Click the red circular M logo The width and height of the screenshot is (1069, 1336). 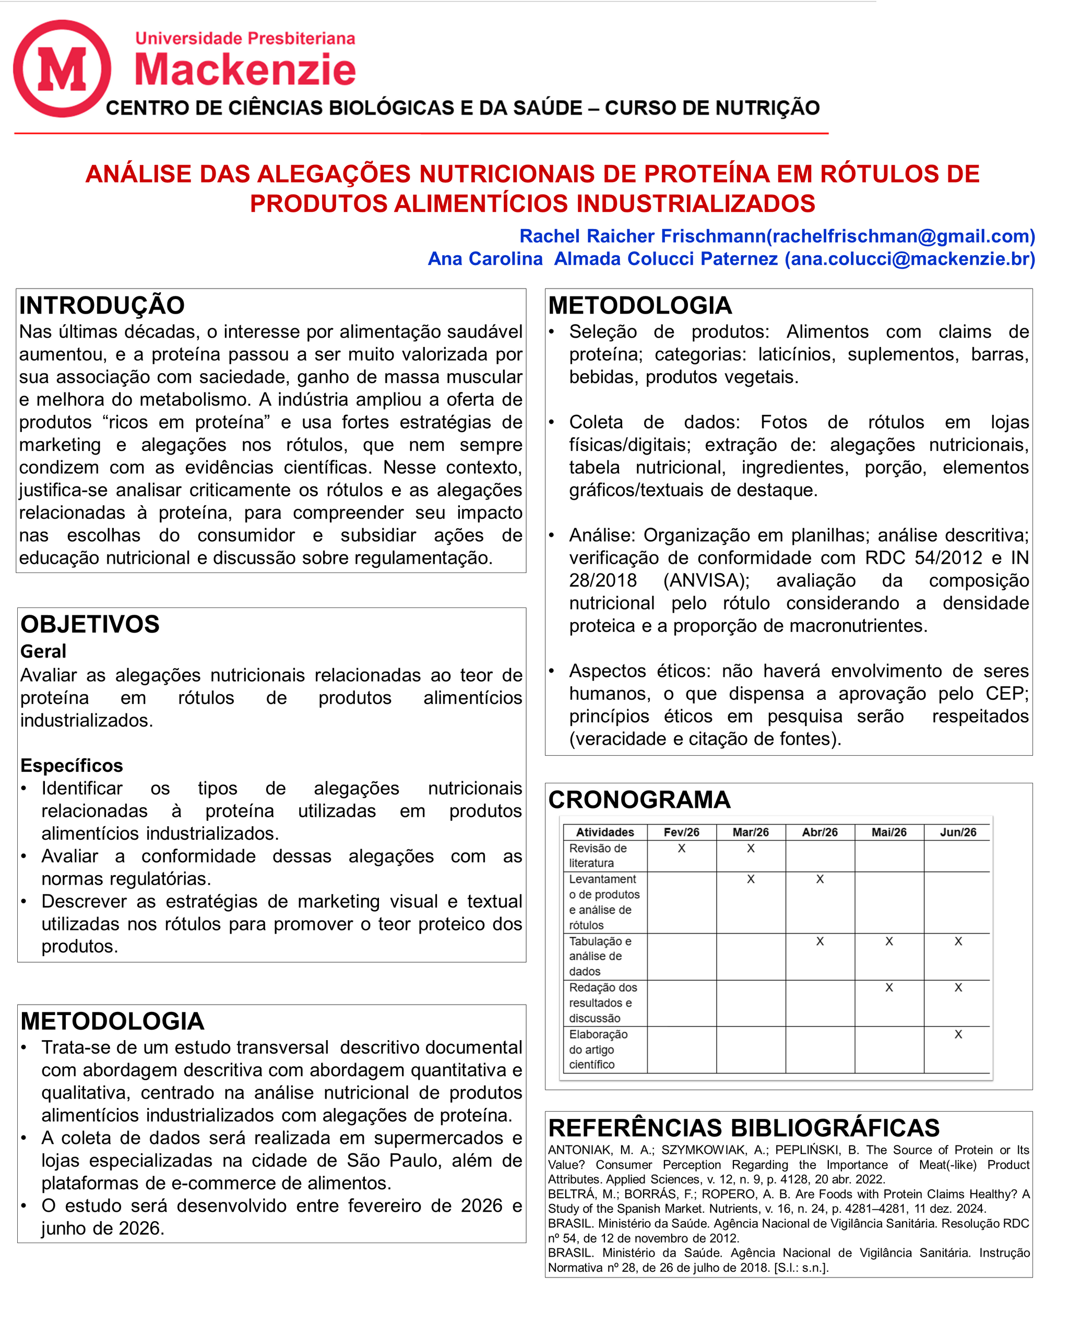pyautogui.click(x=62, y=68)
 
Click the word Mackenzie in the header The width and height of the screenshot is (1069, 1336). pyautogui.click(x=245, y=69)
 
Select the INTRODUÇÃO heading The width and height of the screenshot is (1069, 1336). pyautogui.click(x=102, y=305)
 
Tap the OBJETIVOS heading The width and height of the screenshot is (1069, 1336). pyautogui.click(x=90, y=624)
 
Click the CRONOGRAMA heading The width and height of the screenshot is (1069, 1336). pyautogui.click(x=639, y=800)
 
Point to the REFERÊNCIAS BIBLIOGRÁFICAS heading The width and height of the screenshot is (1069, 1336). pyautogui.click(x=744, y=1128)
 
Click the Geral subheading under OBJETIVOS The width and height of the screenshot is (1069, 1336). pyautogui.click(x=43, y=651)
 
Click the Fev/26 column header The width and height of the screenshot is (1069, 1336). pyautogui.click(x=681, y=832)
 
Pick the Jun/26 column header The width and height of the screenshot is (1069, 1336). pyautogui.click(x=957, y=832)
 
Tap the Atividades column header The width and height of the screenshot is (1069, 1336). pyautogui.click(x=605, y=832)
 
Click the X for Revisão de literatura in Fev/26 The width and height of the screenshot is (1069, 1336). pyautogui.click(x=682, y=849)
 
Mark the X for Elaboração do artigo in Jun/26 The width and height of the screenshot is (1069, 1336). pyautogui.click(x=958, y=1034)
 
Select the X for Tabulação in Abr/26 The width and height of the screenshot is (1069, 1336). pyautogui.click(x=820, y=941)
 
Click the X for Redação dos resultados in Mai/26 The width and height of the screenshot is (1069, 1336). pyautogui.click(x=889, y=987)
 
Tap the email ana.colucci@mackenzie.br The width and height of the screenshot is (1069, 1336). pyautogui.click(x=910, y=258)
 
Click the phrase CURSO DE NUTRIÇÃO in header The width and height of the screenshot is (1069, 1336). pyautogui.click(x=712, y=108)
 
